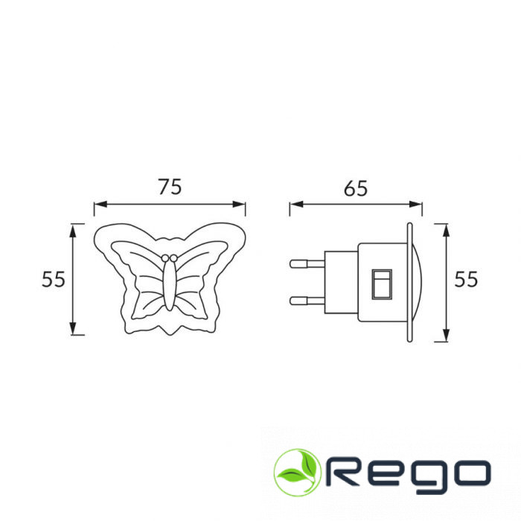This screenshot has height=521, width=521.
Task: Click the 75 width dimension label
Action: pos(170,187)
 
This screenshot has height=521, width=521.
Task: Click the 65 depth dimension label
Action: pos(356,188)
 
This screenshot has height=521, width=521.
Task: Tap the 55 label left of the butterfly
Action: pos(53,279)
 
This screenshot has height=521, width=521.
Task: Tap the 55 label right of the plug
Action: pos(466,279)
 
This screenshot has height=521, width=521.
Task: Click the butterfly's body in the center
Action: pos(170,285)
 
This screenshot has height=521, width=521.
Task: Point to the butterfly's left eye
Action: pos(165,258)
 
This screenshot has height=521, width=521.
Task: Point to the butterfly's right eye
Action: pos(173,258)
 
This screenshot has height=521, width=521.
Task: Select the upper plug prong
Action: pos(307,263)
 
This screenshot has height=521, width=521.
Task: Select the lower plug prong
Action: pos(307,301)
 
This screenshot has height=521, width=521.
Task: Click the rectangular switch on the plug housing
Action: pos(382,284)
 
